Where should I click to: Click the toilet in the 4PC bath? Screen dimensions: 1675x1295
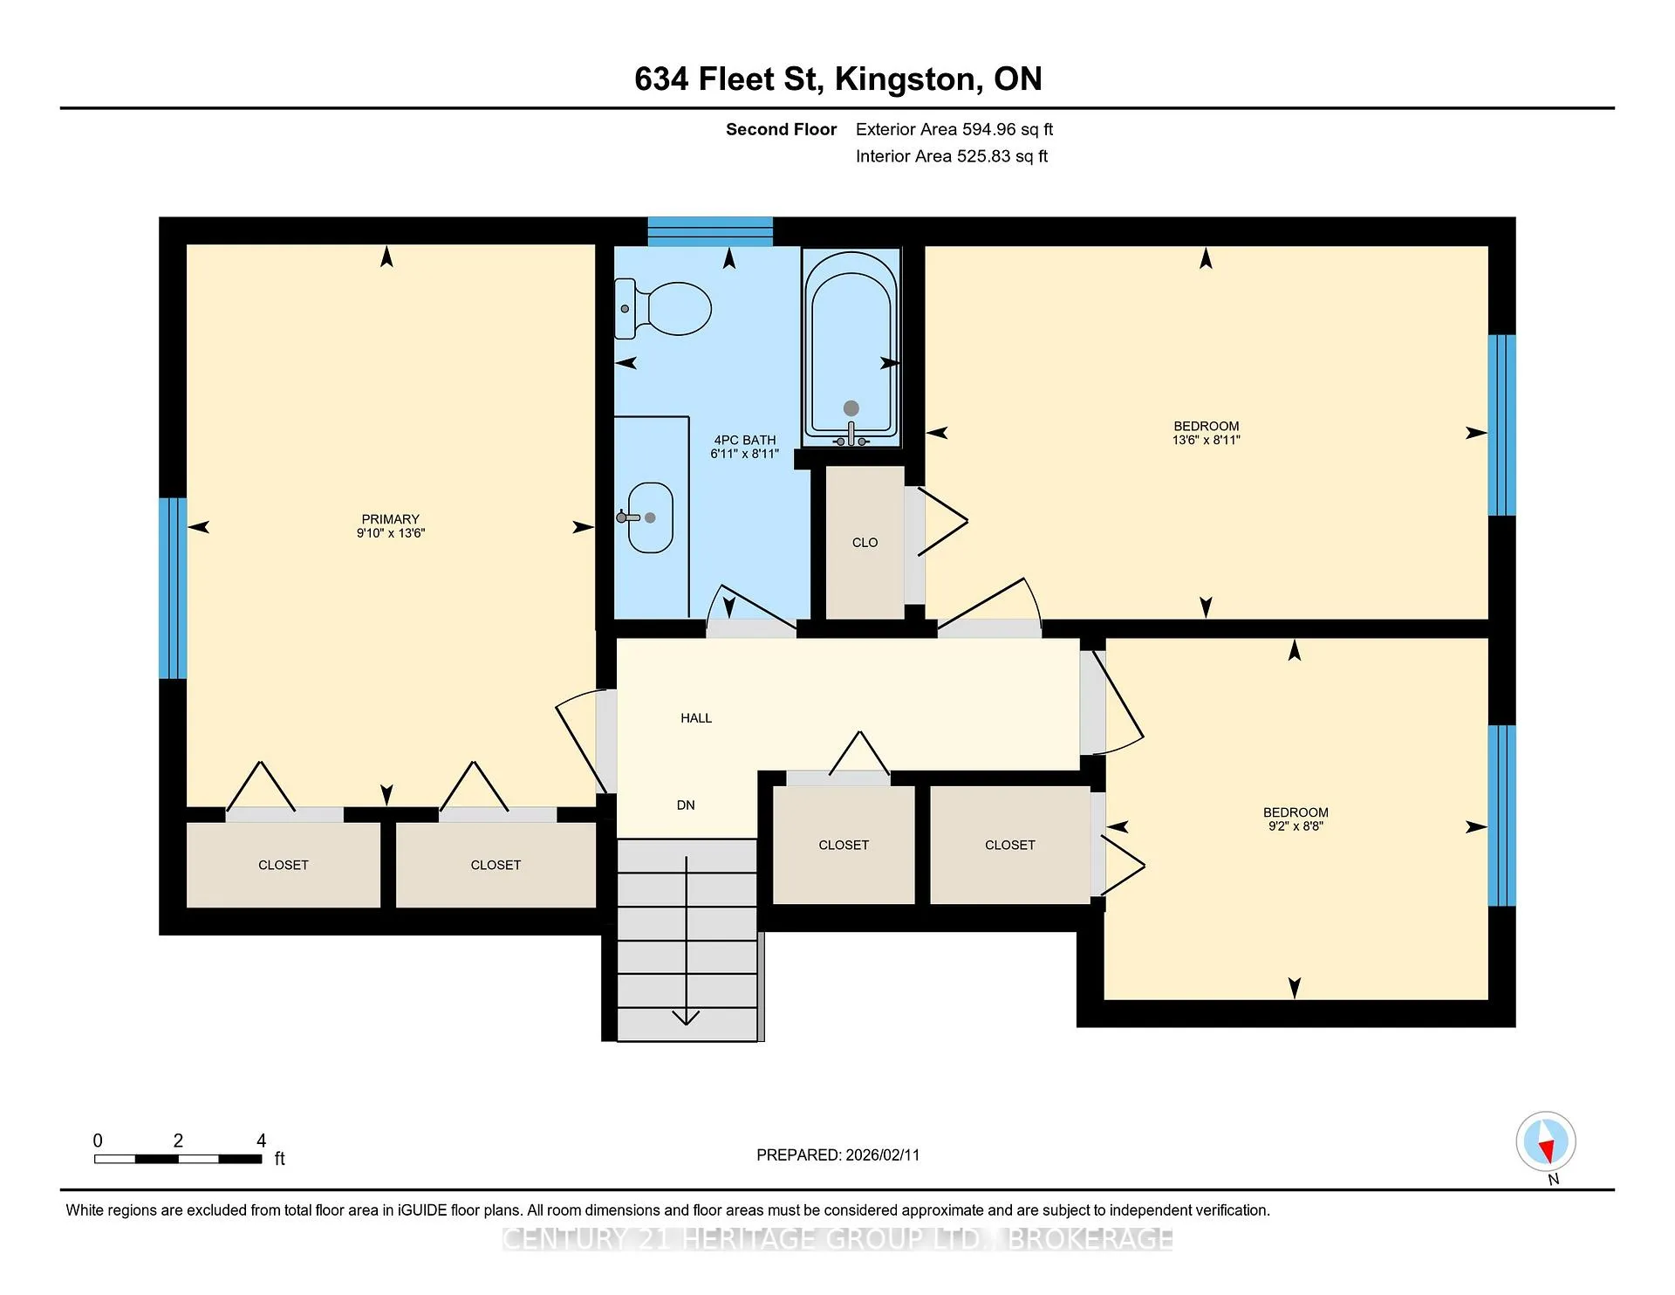tap(663, 309)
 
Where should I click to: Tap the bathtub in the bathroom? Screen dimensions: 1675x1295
tap(851, 346)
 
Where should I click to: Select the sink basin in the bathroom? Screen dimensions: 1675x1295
tap(650, 517)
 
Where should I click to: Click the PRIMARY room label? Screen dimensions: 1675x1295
tap(391, 519)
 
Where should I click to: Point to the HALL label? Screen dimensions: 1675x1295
tap(696, 718)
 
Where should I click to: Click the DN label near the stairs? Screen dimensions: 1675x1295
tap(686, 805)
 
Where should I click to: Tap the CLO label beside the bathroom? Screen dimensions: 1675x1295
tap(865, 543)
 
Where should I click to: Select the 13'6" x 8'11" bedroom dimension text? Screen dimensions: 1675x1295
tap(1207, 441)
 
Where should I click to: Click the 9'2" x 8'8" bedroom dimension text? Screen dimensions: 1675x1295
tap(1296, 826)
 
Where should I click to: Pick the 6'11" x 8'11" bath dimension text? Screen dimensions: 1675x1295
tap(745, 454)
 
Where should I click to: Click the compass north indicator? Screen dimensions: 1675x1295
tap(1546, 1142)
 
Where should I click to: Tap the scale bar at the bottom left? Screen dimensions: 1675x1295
tap(178, 1159)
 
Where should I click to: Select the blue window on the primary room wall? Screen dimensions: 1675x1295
tap(173, 588)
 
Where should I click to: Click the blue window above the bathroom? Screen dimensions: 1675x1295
tap(710, 231)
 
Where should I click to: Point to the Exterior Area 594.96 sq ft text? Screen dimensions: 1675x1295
tap(954, 129)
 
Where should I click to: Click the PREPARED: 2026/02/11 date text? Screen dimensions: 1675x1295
tap(837, 1155)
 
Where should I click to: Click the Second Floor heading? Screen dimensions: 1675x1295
tap(781, 129)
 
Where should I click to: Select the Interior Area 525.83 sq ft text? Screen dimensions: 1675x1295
tap(951, 156)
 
